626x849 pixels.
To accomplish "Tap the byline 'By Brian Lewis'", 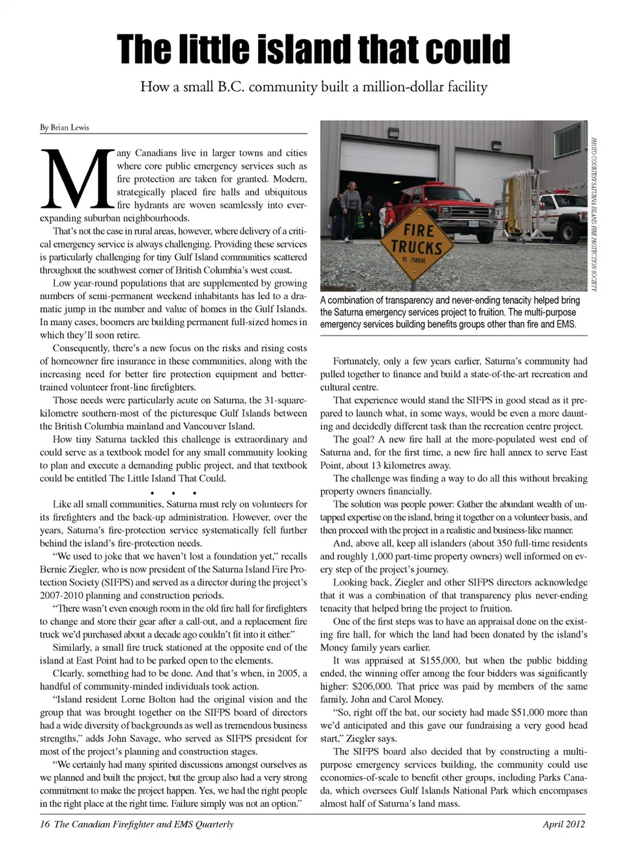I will click(65, 128).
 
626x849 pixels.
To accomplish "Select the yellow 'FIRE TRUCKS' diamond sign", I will click(416, 242).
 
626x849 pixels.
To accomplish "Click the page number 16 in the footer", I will click(45, 824).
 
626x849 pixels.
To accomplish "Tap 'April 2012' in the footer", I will click(563, 824).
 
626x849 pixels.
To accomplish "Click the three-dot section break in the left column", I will click(174, 492).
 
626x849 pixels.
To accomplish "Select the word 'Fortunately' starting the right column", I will click(357, 361).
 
